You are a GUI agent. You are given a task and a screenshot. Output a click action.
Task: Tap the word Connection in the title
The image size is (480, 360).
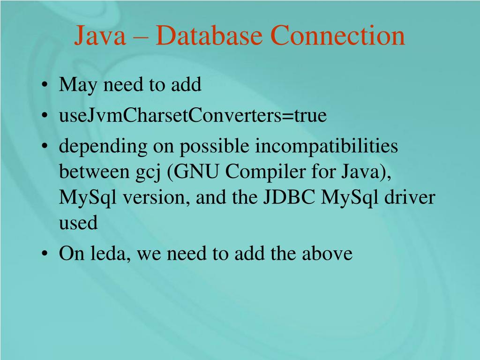[x=337, y=36]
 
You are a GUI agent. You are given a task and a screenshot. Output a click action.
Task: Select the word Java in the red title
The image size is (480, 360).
[x=100, y=36]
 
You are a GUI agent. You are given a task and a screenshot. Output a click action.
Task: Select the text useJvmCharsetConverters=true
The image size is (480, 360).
[x=192, y=116]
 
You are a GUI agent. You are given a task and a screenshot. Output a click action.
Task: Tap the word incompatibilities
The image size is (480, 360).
[x=326, y=146]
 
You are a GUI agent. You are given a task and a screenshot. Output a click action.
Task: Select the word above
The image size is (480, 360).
[x=327, y=254]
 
